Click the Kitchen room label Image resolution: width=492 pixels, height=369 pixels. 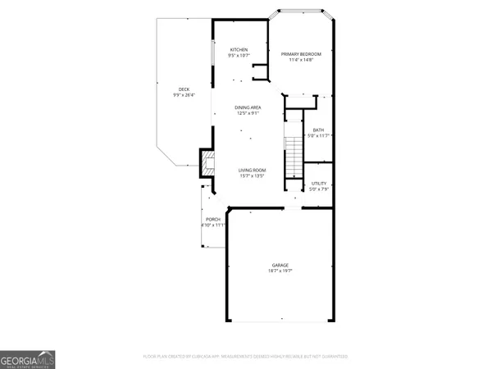tap(239, 49)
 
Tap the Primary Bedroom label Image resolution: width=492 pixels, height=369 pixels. tap(301, 54)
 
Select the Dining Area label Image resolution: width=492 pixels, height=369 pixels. tap(248, 107)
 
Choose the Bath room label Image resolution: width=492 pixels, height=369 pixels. tap(318, 130)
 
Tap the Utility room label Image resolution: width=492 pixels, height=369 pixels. tap(319, 183)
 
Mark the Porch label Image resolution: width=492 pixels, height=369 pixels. tap(213, 219)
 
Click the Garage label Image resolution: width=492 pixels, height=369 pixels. tap(280, 264)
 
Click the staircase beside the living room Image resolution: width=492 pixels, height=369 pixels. tap(294, 157)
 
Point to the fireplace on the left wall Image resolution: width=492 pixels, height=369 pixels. tap(207, 158)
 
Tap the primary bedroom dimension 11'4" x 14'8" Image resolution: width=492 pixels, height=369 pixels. tap(301, 60)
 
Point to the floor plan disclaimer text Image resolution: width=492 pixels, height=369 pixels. tap(245, 357)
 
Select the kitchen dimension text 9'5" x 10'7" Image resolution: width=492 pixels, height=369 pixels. tap(239, 55)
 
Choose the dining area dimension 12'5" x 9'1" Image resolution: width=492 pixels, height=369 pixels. tap(248, 113)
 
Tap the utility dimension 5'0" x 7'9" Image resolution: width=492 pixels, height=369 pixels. tap(319, 189)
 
